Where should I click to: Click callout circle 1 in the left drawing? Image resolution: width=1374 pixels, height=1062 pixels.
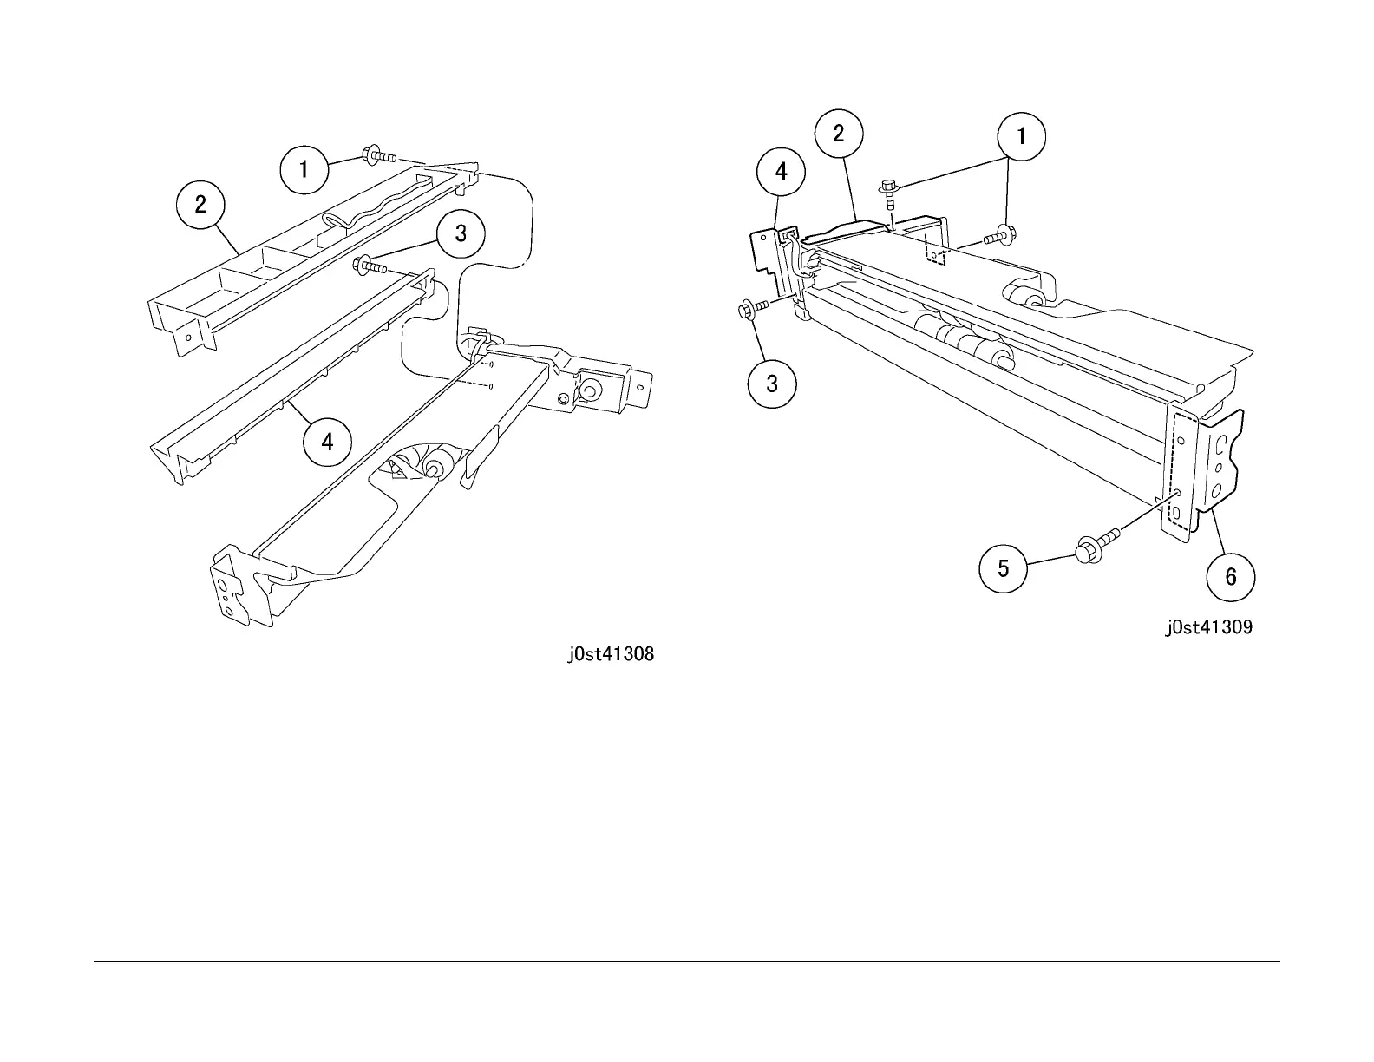coord(304,169)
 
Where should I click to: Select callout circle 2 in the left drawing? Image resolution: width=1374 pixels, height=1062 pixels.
coord(200,205)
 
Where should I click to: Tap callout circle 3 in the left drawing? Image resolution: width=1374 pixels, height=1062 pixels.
coord(461,233)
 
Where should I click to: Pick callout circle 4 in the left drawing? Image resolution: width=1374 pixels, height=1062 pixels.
coord(327,442)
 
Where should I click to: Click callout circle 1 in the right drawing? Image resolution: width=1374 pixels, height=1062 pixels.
coord(1021,136)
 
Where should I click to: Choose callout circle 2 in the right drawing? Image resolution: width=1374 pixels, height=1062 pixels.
coord(838,134)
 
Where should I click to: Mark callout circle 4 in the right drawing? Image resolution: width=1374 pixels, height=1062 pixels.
coord(781,172)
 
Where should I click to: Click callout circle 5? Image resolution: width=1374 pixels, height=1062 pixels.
coord(1004,568)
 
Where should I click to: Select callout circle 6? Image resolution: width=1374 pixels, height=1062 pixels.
coord(1231,576)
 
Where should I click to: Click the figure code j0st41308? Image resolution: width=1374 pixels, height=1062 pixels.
coord(611,654)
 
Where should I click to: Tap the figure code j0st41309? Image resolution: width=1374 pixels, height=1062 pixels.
coord(1208,627)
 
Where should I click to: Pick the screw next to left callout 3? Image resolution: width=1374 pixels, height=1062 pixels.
coord(369,265)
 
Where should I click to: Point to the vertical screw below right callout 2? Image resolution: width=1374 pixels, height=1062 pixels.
coord(888,194)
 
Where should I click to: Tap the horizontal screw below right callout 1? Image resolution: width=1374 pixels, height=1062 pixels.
coord(998,234)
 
